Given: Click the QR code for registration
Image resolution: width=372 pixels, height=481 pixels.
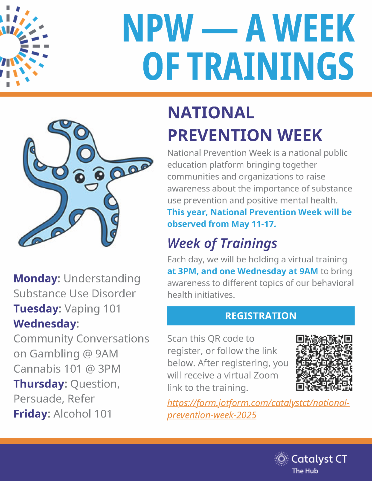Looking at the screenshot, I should click(x=324, y=363).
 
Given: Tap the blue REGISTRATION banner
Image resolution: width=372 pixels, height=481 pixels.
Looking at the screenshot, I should click(x=260, y=316).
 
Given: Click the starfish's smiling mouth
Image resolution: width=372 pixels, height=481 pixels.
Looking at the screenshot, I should click(x=91, y=187).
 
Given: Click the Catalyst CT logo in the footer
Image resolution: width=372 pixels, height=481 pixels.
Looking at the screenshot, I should click(x=311, y=459).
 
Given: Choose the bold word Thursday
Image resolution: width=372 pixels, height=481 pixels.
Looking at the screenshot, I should click(x=40, y=384).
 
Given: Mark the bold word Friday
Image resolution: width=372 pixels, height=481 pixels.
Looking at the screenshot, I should click(x=32, y=414).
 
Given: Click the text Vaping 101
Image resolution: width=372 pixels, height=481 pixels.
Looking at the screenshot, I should click(x=93, y=309).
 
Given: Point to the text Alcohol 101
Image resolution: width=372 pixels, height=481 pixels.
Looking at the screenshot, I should click(x=82, y=414).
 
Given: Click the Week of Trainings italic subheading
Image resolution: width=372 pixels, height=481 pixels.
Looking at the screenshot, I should click(x=222, y=243).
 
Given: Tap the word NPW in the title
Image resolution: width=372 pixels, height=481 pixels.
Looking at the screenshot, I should click(x=158, y=28).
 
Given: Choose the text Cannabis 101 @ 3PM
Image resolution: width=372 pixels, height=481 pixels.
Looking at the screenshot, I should click(x=67, y=369).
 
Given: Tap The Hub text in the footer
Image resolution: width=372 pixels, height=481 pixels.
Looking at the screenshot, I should click(x=305, y=471).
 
